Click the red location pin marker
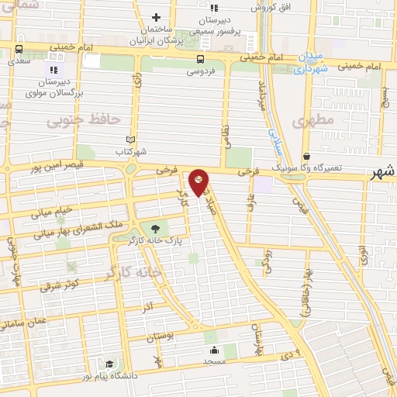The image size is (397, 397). [x=199, y=182]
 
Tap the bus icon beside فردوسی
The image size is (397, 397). [x=201, y=59]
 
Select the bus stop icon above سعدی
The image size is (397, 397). [x=18, y=49]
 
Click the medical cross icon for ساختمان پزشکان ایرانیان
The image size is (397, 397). [x=156, y=17]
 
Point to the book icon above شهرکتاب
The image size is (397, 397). [x=129, y=140]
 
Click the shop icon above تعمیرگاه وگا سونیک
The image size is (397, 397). [x=306, y=155]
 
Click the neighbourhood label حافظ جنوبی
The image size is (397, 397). [x=82, y=120]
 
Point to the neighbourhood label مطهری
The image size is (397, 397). [x=313, y=120]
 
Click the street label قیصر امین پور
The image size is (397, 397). [x=57, y=165]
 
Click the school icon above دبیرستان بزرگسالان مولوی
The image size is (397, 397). [x=54, y=70]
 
